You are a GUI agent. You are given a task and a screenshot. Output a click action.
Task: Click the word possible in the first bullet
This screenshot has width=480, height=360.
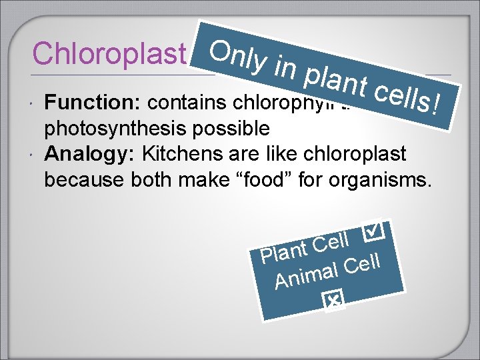(x=230, y=127)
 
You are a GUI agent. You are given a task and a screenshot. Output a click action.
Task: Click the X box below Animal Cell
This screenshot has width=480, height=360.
(x=332, y=301)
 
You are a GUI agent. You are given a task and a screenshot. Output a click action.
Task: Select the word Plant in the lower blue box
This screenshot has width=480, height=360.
(x=281, y=251)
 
